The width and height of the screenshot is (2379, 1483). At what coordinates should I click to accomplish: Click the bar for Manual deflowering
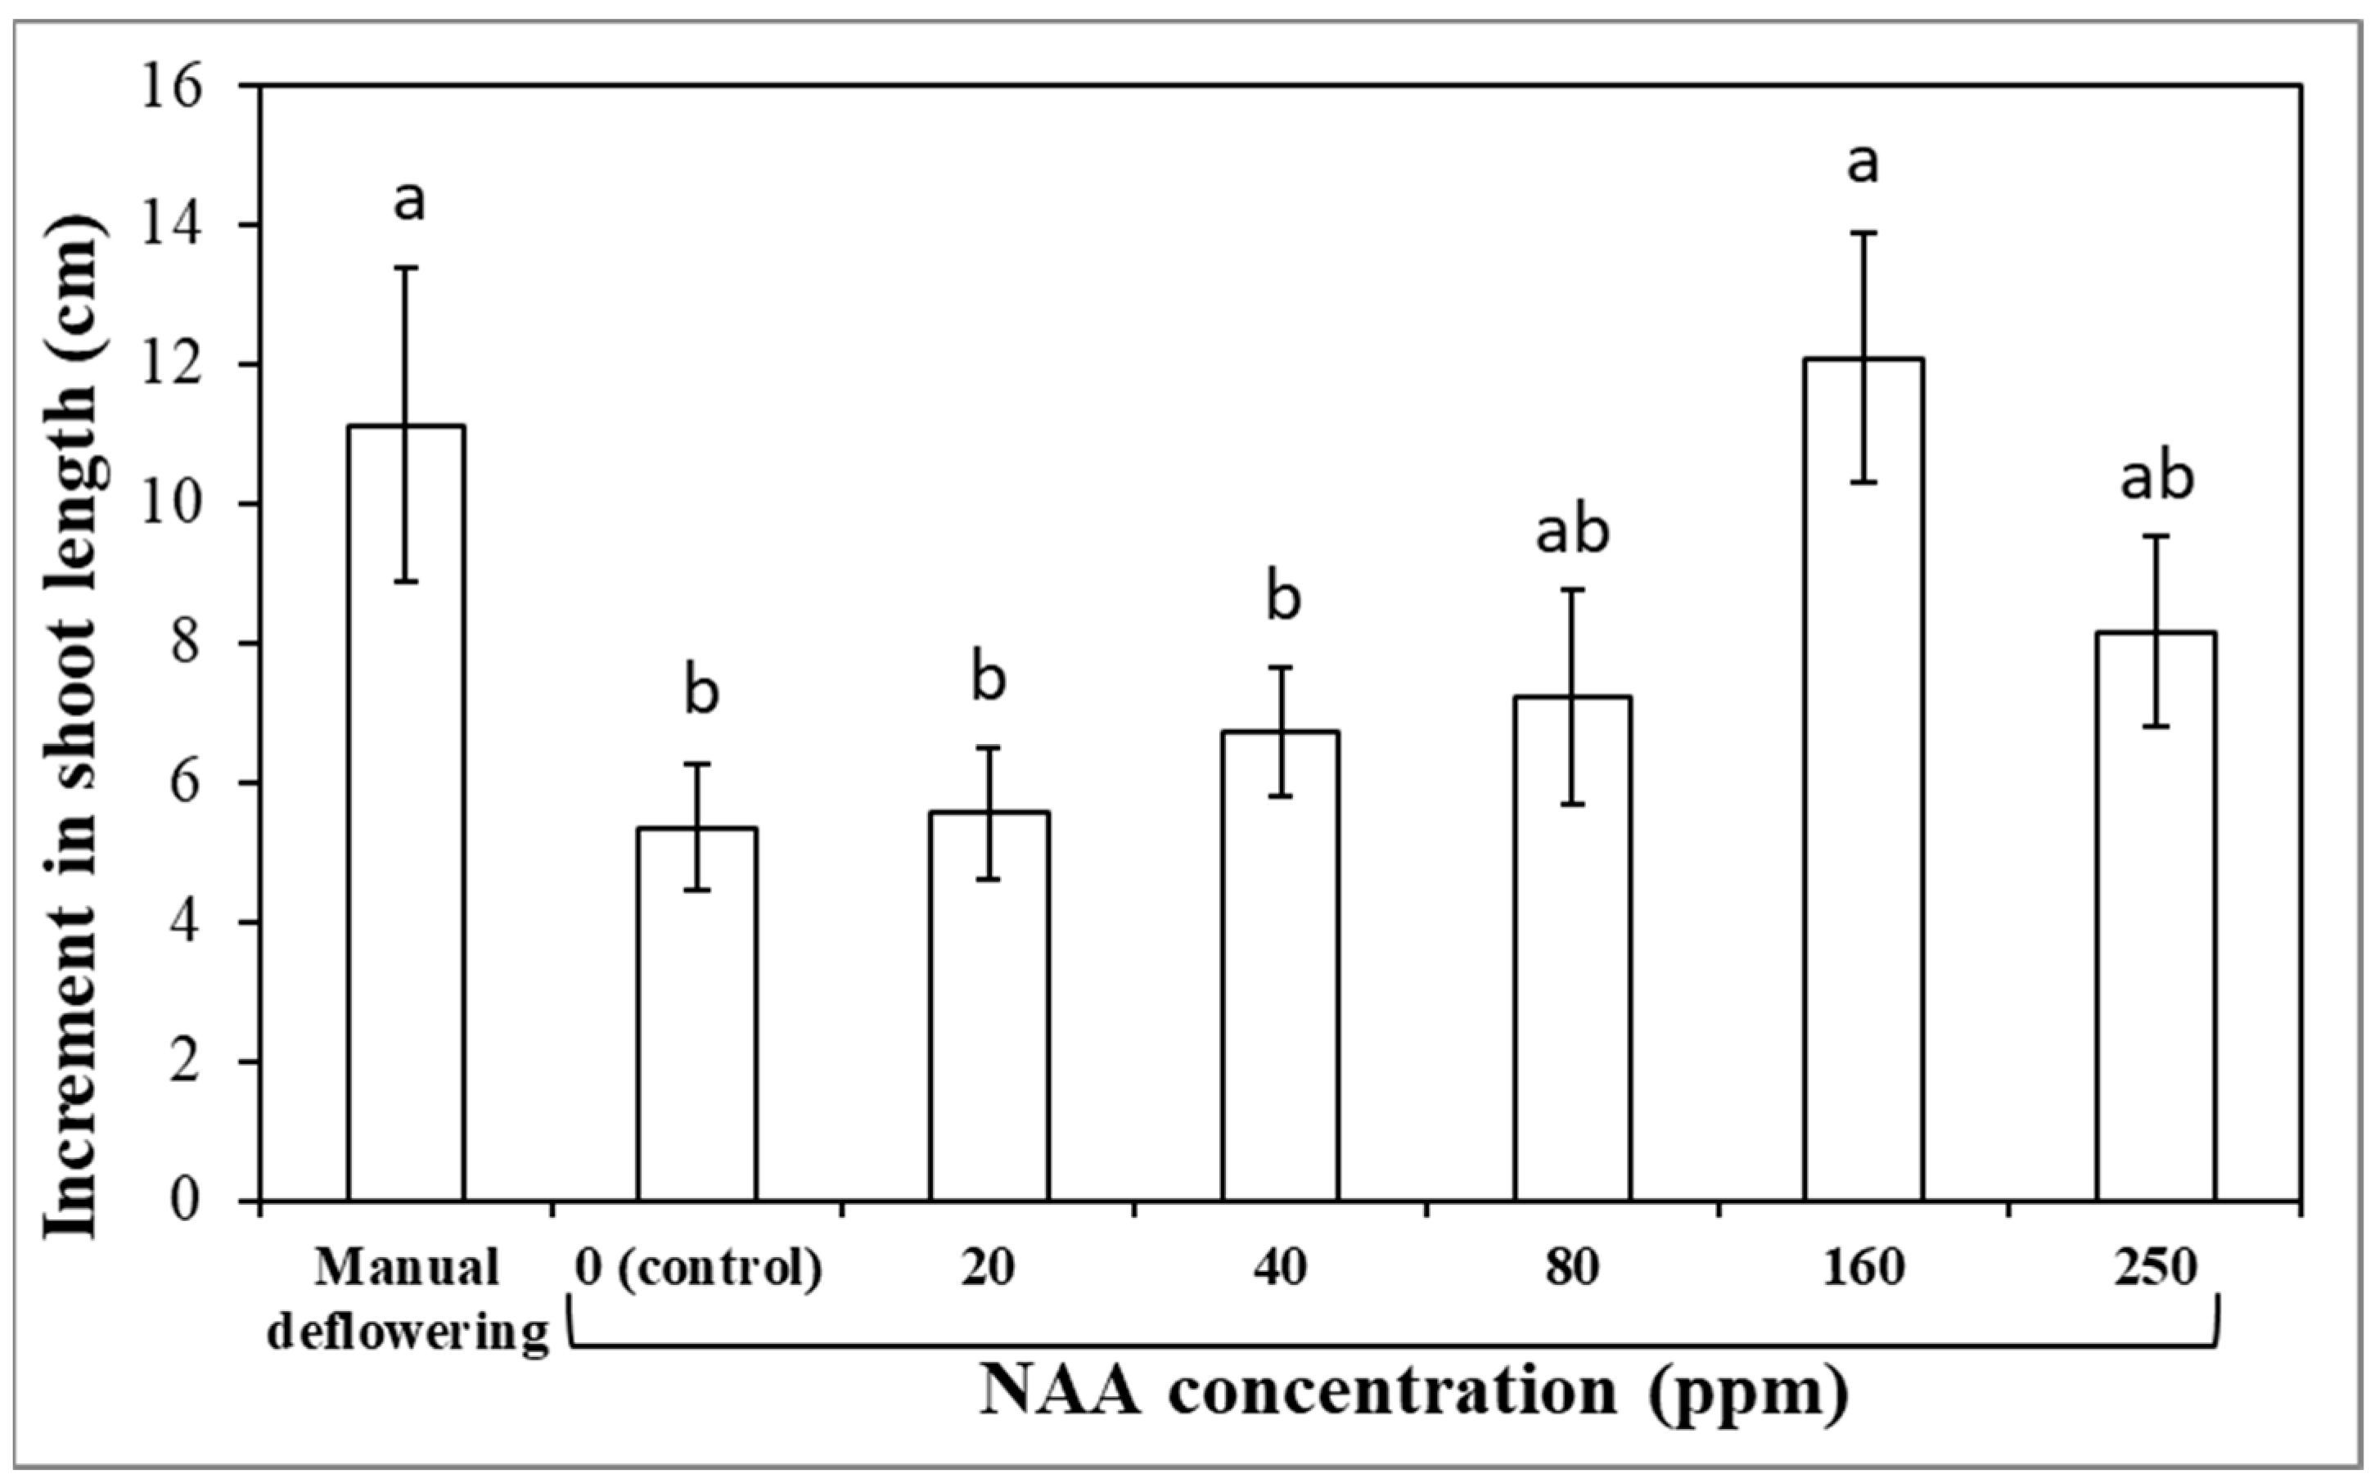[405, 814]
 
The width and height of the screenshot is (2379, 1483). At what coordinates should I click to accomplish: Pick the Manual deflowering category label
[407, 1300]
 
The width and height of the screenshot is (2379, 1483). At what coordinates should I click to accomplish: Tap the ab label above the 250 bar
[2156, 480]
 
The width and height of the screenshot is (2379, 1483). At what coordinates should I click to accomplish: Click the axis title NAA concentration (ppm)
[1413, 1393]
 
